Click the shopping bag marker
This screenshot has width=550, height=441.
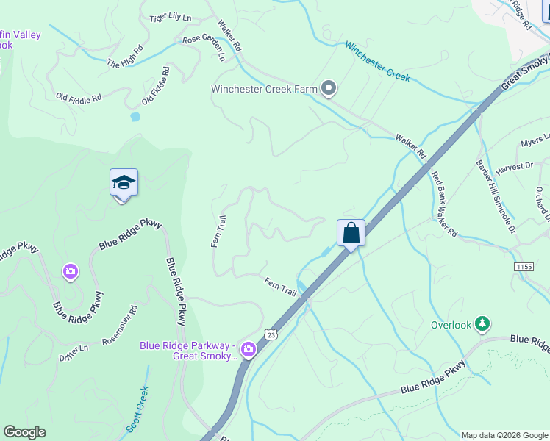click(x=351, y=233)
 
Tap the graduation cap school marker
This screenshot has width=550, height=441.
click(x=124, y=183)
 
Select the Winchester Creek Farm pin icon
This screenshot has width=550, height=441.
click(x=329, y=89)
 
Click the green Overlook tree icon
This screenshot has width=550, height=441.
click(x=482, y=323)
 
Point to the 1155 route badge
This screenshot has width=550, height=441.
click(x=524, y=266)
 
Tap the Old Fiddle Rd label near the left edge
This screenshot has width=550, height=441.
click(x=79, y=97)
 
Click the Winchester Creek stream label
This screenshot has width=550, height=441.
click(x=377, y=60)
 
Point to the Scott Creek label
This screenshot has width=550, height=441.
click(x=137, y=409)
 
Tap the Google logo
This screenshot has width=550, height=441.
click(x=24, y=432)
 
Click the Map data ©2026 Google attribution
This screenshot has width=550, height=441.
click(x=504, y=435)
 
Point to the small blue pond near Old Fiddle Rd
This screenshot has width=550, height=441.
click(x=135, y=116)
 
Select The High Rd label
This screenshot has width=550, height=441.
click(x=125, y=58)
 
